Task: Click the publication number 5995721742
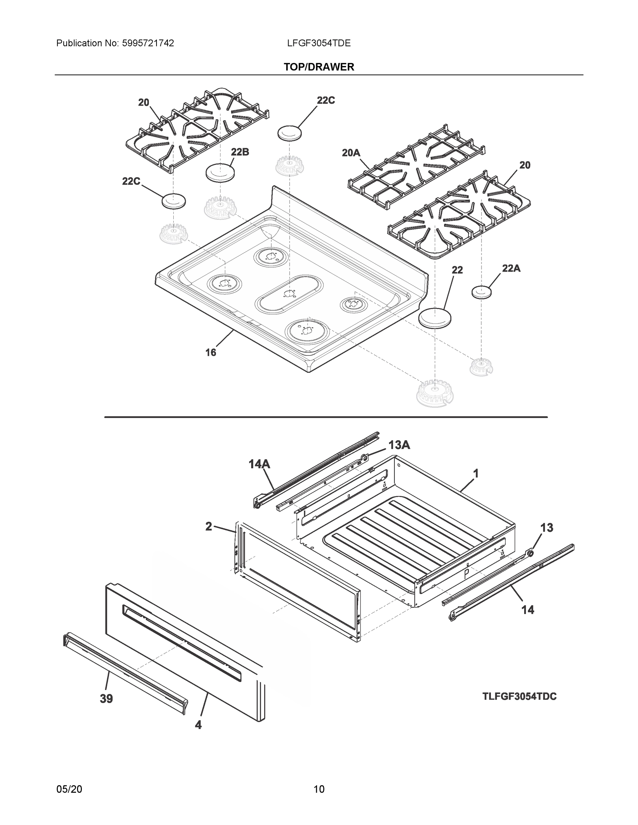click(148, 43)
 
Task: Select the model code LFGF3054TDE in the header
click(318, 43)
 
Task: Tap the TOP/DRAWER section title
click(318, 67)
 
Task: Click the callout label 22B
click(240, 152)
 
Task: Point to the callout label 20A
click(351, 153)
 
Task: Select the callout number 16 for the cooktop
click(210, 352)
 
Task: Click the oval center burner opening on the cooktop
click(289, 294)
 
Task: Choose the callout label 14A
click(259, 464)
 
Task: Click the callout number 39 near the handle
click(106, 698)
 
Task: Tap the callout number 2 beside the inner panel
click(209, 526)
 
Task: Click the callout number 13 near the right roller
click(547, 527)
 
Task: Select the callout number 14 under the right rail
click(528, 609)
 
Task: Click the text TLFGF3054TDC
click(519, 696)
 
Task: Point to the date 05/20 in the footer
click(69, 789)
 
